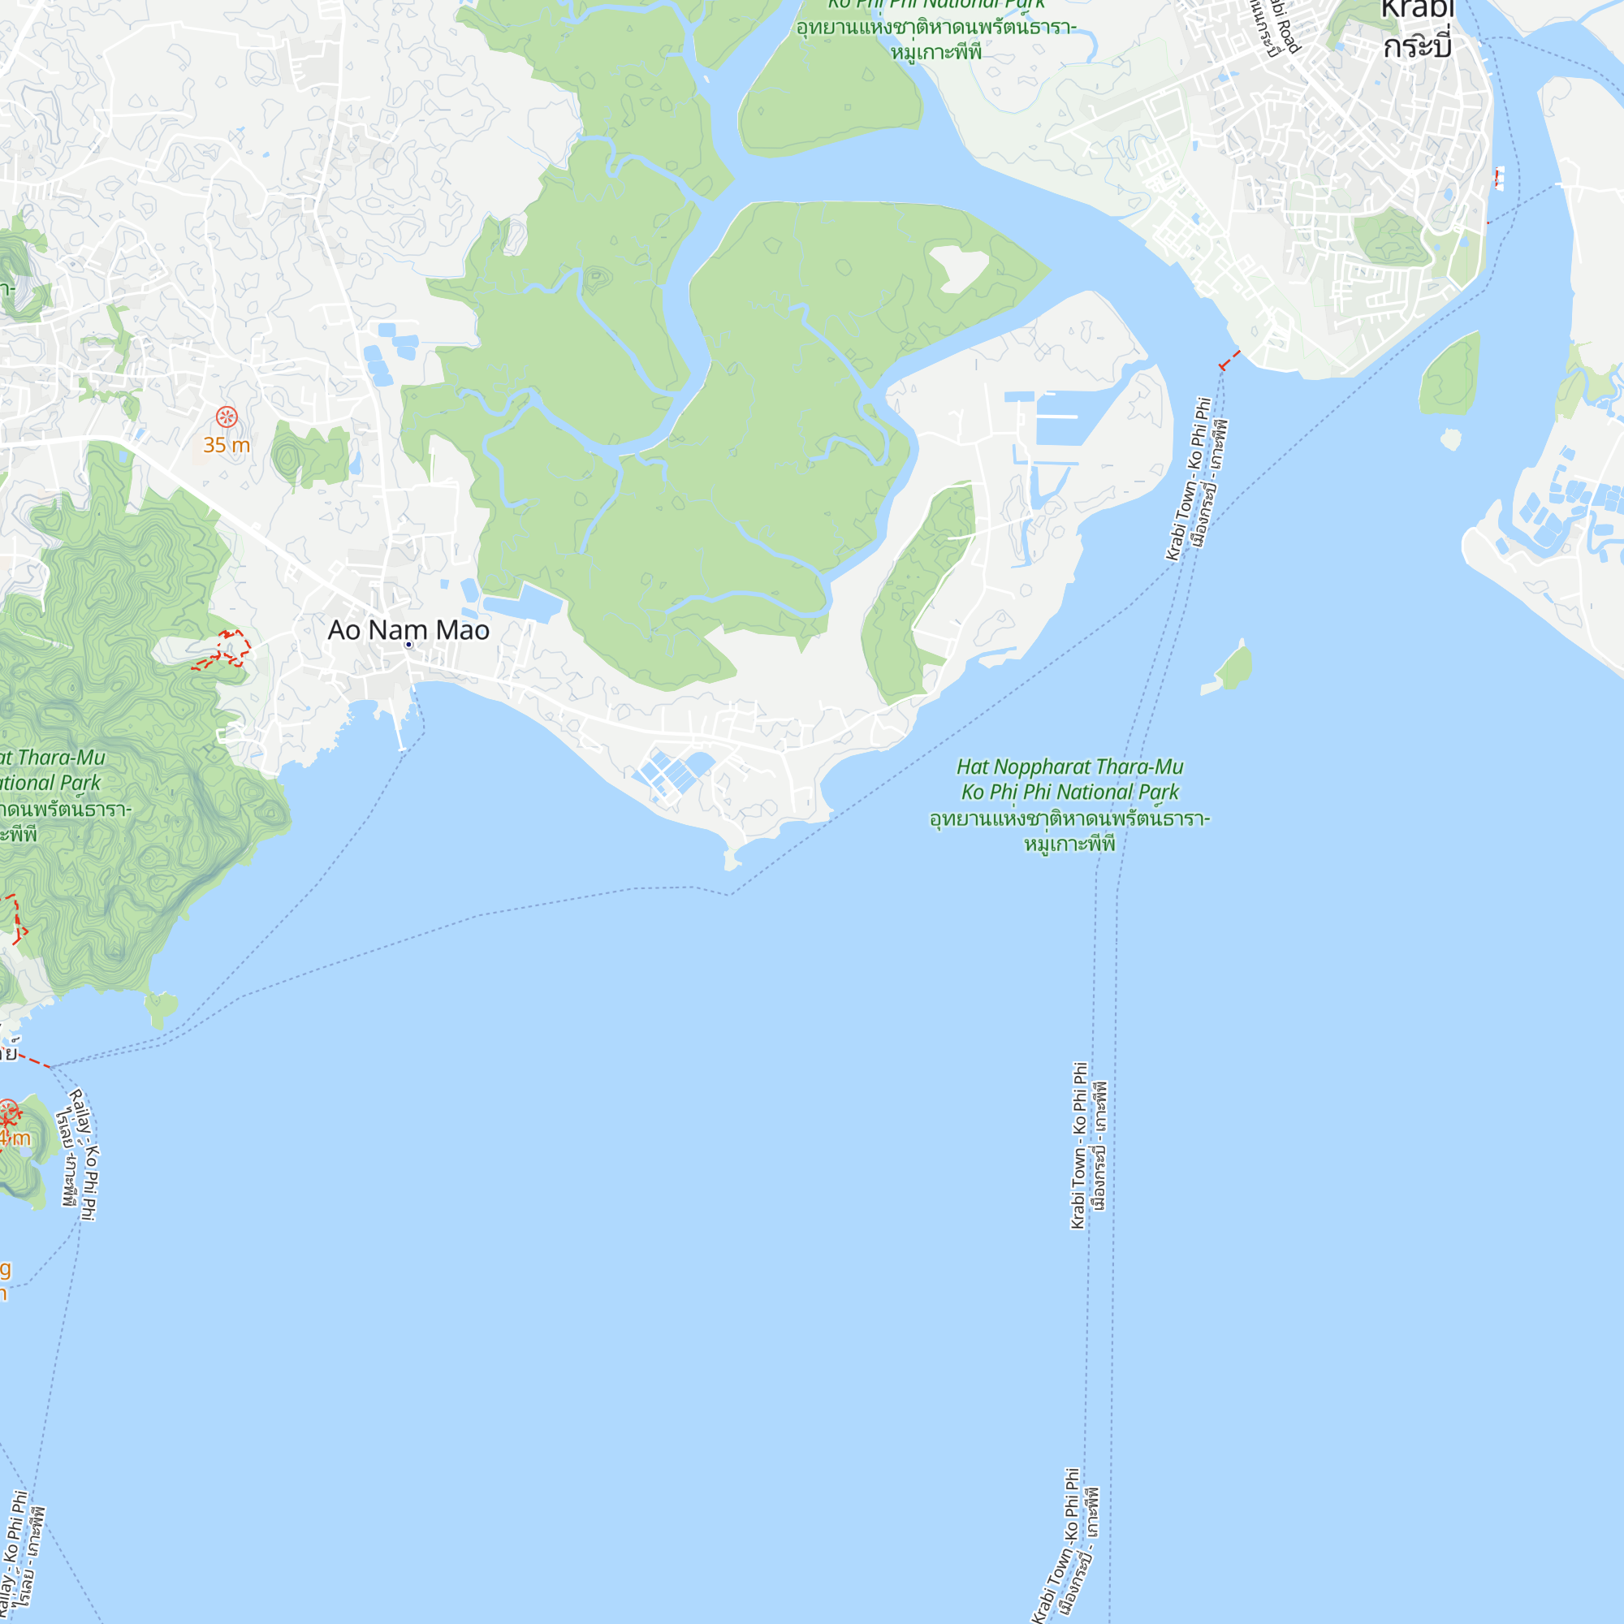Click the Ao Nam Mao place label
pos(408,629)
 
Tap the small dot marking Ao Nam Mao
pos(408,645)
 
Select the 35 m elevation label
pos(226,445)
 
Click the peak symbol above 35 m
pos(226,416)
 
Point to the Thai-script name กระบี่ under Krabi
pos(1417,46)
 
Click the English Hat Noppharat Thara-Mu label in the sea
pos(1069,767)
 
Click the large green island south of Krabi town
pos(1450,375)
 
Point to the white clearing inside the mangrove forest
pos(958,268)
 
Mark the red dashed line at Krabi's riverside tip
pos(1229,361)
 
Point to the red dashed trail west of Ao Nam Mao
pos(222,650)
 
